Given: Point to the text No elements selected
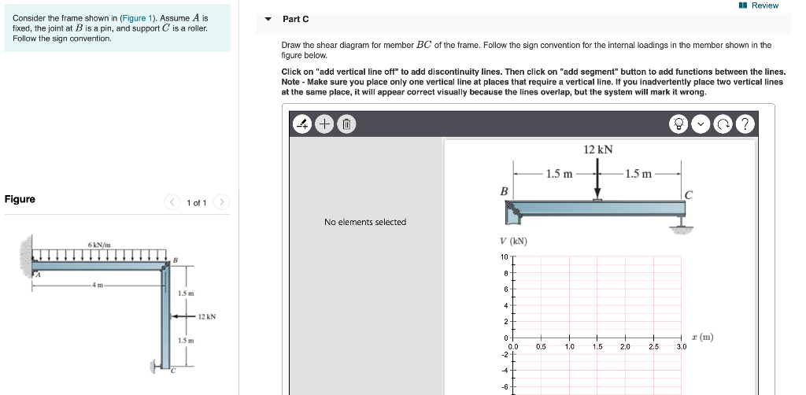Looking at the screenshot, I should (365, 222).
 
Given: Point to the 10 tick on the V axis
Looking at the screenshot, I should (503, 257).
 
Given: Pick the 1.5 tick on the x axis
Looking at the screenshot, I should (597, 346).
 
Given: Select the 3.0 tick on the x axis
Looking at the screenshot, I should (682, 346).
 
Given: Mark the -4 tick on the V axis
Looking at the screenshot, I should (504, 370).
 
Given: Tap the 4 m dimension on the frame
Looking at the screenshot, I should (98, 285).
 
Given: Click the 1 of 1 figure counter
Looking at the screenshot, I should (197, 203).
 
